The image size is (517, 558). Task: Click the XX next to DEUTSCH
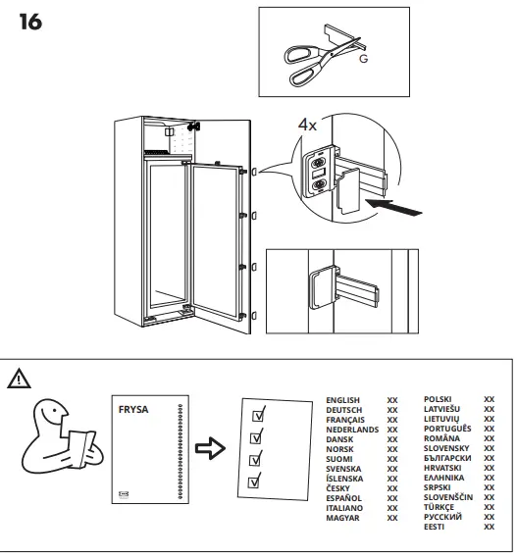(x=392, y=410)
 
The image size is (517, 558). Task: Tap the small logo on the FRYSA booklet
(x=123, y=495)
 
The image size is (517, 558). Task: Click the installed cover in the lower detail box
(x=322, y=289)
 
